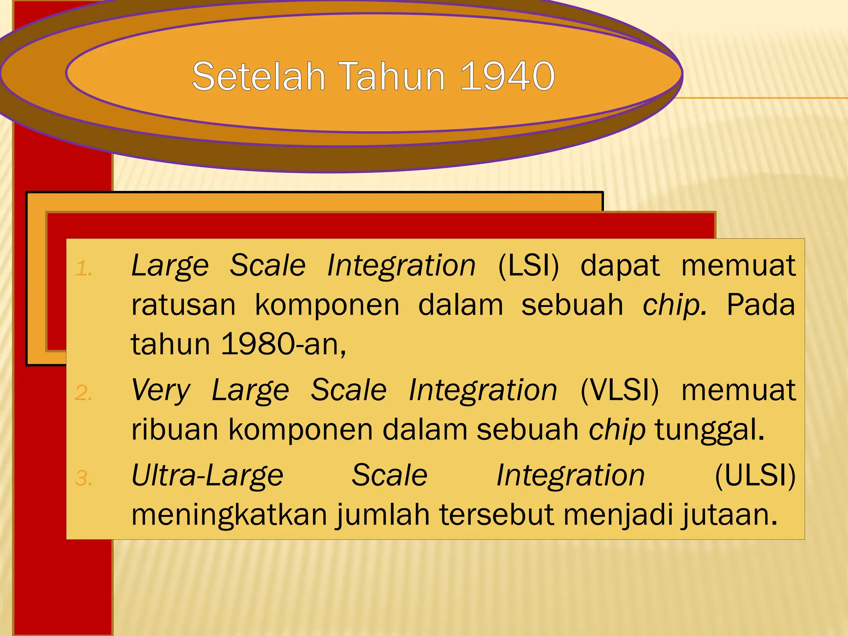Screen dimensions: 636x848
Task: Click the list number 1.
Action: tap(83, 269)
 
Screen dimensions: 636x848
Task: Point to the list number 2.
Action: tap(83, 393)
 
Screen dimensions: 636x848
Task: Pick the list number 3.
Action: tap(83, 479)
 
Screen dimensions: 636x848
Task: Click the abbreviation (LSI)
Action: tap(528, 265)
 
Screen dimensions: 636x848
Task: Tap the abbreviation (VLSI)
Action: tap(619, 390)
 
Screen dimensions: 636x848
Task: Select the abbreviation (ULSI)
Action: tap(755, 475)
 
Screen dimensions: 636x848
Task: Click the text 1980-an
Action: tap(283, 344)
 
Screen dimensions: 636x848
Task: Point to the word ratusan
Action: tap(183, 305)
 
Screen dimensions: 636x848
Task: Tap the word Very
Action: tap(161, 390)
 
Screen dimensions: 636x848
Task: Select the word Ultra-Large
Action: tap(207, 475)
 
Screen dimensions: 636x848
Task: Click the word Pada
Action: tap(761, 305)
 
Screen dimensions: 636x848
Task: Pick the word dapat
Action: tap(619, 266)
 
